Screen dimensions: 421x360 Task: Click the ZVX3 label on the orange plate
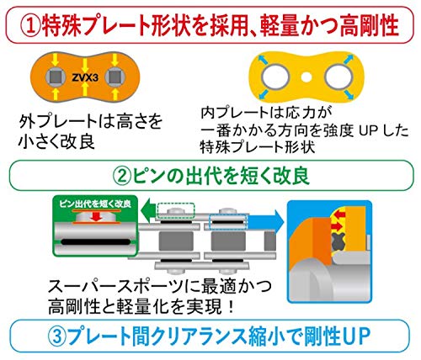point(85,77)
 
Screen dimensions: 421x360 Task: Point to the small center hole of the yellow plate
point(306,77)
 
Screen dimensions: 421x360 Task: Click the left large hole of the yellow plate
point(275,77)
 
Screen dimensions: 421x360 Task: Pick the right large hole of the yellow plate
point(338,77)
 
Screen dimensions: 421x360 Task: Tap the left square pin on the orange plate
point(55,77)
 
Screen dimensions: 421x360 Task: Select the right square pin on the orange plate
point(115,77)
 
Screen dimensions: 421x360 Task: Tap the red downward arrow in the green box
point(96,216)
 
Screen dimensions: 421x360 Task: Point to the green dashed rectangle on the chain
point(176,210)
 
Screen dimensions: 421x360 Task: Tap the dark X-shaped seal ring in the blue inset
point(338,241)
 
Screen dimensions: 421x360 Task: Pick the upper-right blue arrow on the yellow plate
point(349,59)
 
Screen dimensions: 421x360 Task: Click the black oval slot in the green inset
point(96,242)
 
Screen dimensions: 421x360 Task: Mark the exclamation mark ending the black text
point(232,308)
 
